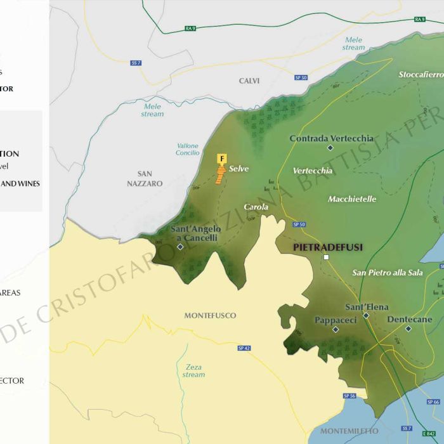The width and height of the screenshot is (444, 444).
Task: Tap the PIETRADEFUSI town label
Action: (328, 247)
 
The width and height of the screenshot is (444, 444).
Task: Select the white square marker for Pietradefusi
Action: (326, 258)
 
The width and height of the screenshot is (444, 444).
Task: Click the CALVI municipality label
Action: (249, 81)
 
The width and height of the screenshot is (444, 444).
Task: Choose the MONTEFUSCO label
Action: (210, 315)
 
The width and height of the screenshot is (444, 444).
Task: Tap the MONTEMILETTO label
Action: (349, 431)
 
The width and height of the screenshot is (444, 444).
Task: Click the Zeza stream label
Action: (193, 371)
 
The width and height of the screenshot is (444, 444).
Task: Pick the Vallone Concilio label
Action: (187, 149)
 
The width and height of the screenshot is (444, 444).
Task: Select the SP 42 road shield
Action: (244, 348)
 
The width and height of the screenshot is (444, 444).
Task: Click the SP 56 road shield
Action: (349, 396)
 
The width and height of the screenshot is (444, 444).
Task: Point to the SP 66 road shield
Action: (433, 402)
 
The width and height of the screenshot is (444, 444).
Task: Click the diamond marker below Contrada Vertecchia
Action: (330, 148)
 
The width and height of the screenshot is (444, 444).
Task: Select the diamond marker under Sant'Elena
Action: (366, 315)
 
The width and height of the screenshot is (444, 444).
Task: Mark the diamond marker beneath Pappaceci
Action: (336, 329)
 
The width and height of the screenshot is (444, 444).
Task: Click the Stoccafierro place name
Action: (421, 75)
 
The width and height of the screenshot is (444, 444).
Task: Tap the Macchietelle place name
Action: (352, 199)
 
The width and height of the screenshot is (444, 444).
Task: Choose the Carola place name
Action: (256, 207)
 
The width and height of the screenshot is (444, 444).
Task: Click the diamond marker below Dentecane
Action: (408, 329)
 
